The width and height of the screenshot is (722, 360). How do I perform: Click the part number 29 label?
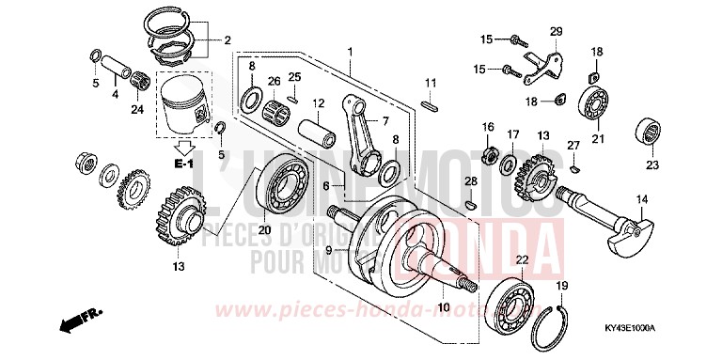pyautogui.click(x=556, y=32)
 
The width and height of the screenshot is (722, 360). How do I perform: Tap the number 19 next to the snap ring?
pyautogui.click(x=562, y=285)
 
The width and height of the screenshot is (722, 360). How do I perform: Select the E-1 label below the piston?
pyautogui.click(x=185, y=164)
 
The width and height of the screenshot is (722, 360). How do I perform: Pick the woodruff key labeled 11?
pyautogui.click(x=430, y=106)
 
